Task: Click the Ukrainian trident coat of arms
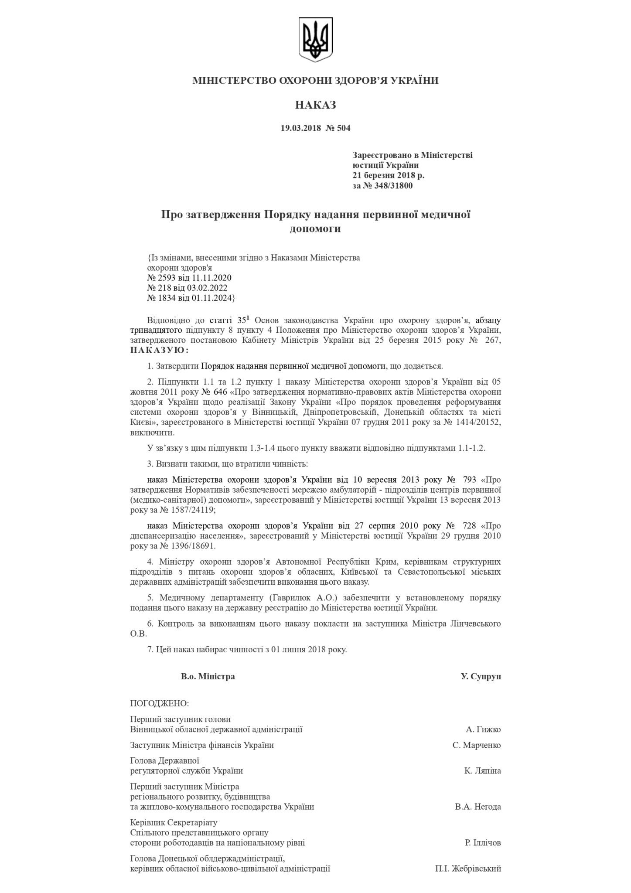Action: click(x=315, y=40)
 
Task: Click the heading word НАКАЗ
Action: click(x=315, y=105)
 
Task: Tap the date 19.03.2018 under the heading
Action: click(x=300, y=128)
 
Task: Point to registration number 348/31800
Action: click(x=391, y=186)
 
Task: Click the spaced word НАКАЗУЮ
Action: click(x=160, y=350)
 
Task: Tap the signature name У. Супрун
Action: click(x=481, y=676)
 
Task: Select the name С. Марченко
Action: click(x=477, y=745)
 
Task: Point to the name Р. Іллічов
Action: click(x=483, y=842)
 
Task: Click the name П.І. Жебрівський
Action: click(x=467, y=869)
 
